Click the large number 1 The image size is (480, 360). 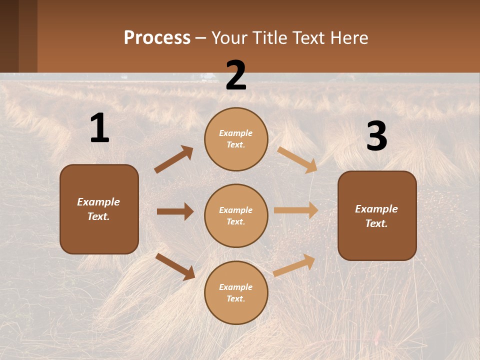(99, 128)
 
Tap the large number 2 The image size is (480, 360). (236, 76)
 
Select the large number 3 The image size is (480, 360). (376, 137)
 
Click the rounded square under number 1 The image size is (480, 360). (99, 209)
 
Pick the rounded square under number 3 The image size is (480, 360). (377, 215)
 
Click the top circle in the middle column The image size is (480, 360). (236, 139)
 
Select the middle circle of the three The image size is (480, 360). (236, 215)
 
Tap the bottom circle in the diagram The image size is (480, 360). (236, 292)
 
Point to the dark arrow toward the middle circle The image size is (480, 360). (175, 211)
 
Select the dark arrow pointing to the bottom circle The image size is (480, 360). (175, 266)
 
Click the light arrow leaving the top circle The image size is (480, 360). (297, 159)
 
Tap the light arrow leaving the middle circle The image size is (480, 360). (296, 210)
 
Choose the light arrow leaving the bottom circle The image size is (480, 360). (294, 265)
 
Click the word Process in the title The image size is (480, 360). (157, 37)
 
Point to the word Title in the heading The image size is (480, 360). (268, 37)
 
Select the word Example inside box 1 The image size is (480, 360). (98, 202)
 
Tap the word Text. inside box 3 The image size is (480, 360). (376, 223)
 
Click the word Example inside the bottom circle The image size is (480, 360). (236, 287)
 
